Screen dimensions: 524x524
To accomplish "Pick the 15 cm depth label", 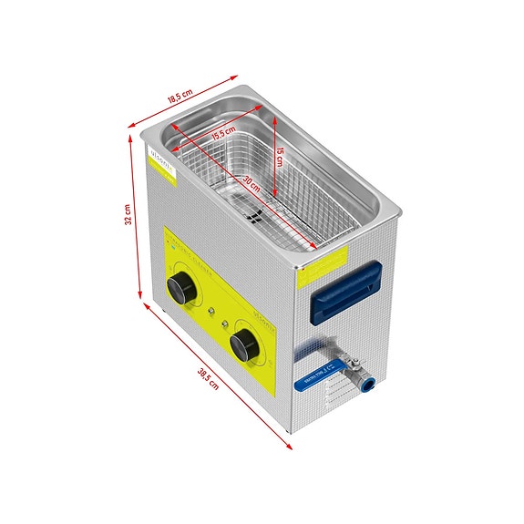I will tap(282, 158).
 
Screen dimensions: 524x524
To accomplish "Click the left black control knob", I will tap(183, 290).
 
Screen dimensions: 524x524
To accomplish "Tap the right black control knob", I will tap(243, 344).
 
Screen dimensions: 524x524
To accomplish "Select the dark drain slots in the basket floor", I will tap(256, 220).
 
